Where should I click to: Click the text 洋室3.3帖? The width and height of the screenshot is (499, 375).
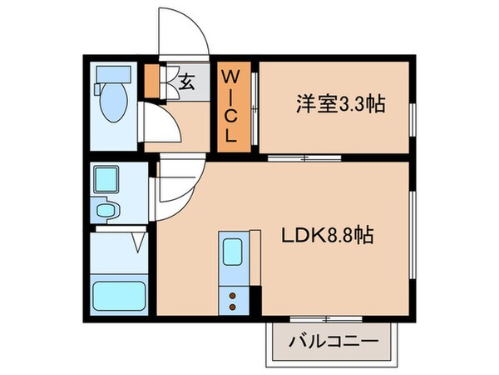click(338, 106)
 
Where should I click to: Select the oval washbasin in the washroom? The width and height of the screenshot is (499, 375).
click(106, 210)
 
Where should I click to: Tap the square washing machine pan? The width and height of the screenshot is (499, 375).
click(106, 179)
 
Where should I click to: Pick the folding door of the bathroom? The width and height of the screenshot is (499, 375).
click(139, 242)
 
